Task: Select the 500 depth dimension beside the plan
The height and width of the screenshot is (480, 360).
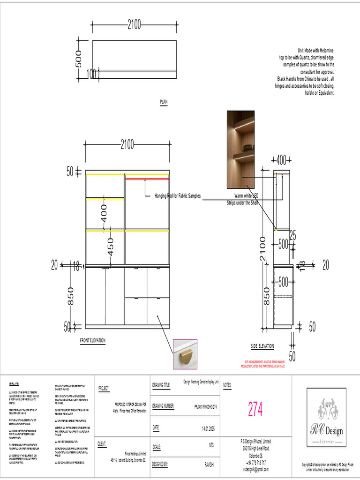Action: (78, 59)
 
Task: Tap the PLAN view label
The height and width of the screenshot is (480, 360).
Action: (164, 101)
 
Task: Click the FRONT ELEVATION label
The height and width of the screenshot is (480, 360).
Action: (92, 341)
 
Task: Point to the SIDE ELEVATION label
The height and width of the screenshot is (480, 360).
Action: (262, 346)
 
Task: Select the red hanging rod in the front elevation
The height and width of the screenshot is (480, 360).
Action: (146, 179)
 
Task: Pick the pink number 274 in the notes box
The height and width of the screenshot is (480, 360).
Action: (255, 410)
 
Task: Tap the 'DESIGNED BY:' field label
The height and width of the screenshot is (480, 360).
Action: (160, 464)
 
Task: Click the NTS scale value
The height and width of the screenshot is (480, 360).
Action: (211, 446)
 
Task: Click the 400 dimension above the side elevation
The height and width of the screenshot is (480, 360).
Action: (281, 160)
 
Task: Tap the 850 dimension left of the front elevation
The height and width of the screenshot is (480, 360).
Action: (71, 296)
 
